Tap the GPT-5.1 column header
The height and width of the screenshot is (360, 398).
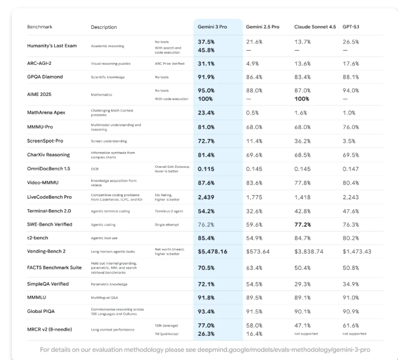point(352,27)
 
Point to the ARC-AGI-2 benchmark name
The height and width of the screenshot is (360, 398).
point(42,63)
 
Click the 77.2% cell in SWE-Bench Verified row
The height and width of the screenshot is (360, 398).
point(306,225)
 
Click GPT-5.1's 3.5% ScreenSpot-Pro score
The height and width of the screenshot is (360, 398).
point(349,141)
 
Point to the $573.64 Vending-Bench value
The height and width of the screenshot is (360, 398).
point(257,251)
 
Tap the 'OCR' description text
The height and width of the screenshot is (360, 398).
point(94,169)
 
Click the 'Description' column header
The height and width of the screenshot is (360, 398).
point(104,27)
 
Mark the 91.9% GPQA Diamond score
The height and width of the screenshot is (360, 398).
point(206,77)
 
